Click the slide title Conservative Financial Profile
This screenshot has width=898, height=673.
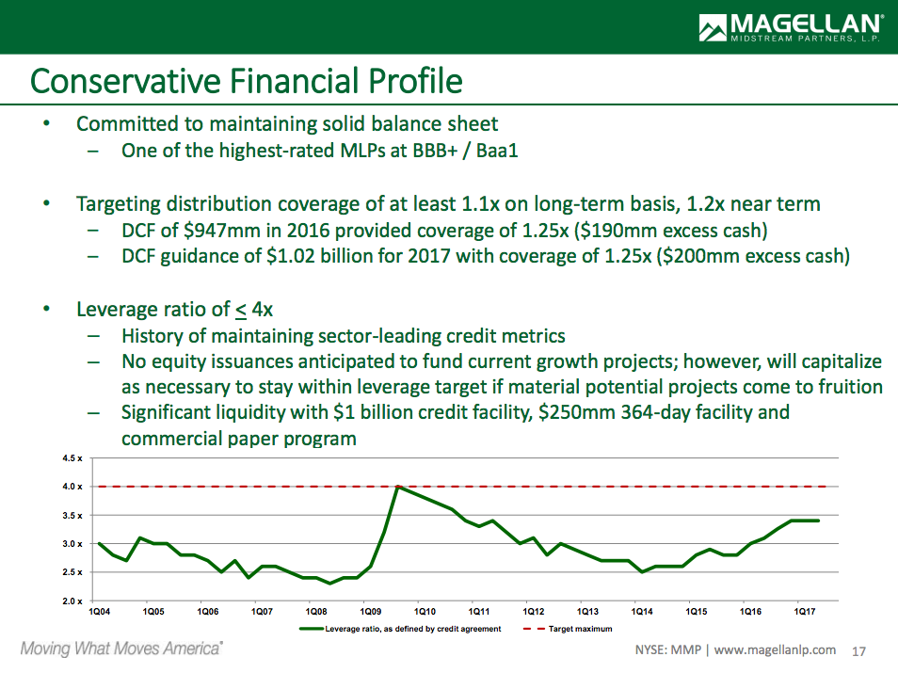pyautogui.click(x=246, y=81)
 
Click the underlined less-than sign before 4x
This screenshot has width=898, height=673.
pyautogui.click(x=242, y=310)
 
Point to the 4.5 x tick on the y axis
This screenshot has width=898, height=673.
pyautogui.click(x=72, y=458)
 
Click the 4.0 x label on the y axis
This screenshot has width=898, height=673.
pyautogui.click(x=72, y=487)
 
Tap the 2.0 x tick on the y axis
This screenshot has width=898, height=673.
pyautogui.click(x=72, y=601)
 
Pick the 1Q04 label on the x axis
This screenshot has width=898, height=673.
pyautogui.click(x=98, y=612)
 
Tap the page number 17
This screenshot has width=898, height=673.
pyautogui.click(x=858, y=650)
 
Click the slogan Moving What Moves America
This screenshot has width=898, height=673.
pyautogui.click(x=121, y=649)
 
